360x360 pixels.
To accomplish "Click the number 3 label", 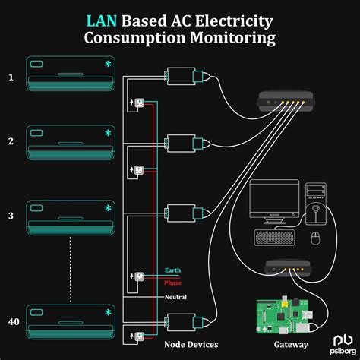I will click(11, 216).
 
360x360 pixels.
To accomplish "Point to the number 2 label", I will click(11, 141).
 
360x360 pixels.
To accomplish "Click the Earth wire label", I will click(173, 270).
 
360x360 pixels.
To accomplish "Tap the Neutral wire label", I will click(175, 297).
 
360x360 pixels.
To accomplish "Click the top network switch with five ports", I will click(282, 98).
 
